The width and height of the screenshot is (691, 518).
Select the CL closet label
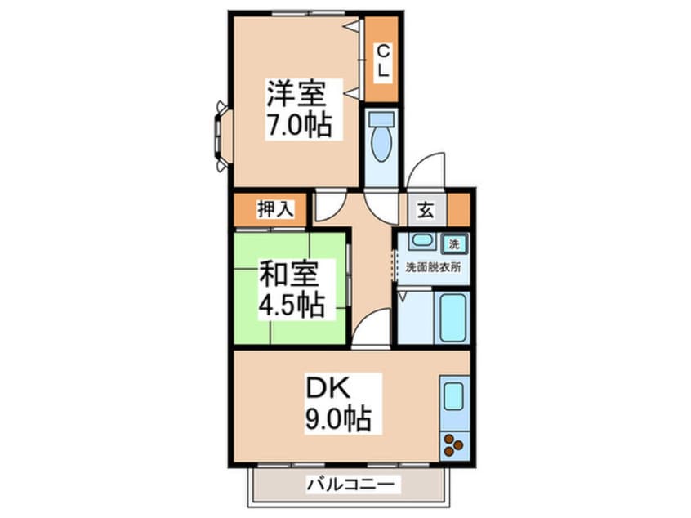point(381,61)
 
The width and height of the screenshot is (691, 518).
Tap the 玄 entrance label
point(426,209)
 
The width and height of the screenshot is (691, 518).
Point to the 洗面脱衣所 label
point(433,267)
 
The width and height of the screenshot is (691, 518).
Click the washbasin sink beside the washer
point(421,241)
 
